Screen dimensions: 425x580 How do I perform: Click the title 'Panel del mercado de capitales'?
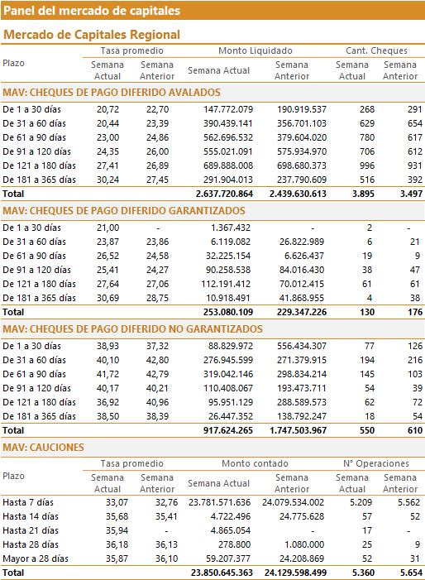(92, 11)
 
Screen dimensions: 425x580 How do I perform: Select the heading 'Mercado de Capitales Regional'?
(92, 35)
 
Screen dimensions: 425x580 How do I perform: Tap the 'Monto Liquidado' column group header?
(255, 50)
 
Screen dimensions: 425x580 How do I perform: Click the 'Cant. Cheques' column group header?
(376, 50)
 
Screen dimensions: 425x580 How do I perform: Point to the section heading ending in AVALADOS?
(112, 93)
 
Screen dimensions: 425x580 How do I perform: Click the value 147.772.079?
(228, 109)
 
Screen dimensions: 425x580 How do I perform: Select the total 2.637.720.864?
(224, 194)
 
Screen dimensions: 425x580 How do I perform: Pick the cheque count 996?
(367, 165)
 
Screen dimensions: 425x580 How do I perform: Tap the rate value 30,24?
(108, 180)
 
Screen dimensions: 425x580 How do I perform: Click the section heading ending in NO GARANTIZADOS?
(132, 329)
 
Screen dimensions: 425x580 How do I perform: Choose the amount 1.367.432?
(231, 228)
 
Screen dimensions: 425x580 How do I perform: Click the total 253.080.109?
(228, 312)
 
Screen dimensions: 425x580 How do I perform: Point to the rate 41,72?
(108, 374)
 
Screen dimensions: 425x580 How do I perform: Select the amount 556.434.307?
(302, 346)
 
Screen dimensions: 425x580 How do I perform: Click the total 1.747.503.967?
(298, 430)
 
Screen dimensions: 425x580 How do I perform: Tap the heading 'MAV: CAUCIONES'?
(43, 448)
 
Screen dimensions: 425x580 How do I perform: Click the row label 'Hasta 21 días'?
(31, 531)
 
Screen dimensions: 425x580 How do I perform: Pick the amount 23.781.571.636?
(219, 503)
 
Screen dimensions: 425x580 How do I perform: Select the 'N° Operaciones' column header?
(376, 463)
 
